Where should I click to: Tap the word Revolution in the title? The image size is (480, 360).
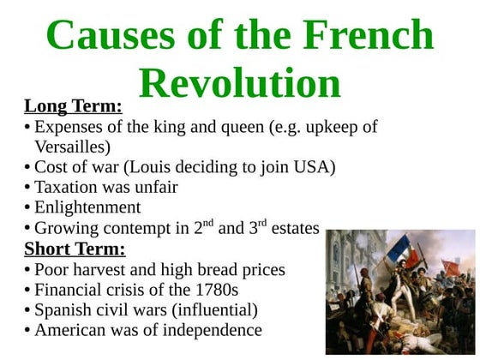point(239,83)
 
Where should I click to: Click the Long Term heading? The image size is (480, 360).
point(73,107)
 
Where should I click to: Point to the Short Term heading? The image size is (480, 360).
point(75,249)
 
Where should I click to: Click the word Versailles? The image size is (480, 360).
point(73,146)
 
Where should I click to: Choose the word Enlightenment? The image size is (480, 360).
point(87,207)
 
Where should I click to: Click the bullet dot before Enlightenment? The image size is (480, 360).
point(27,208)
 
